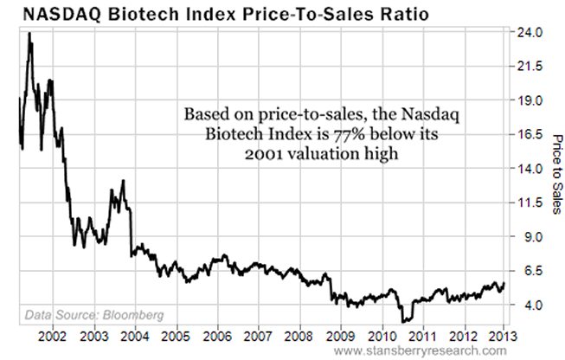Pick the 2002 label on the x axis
[53, 334]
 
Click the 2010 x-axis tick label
[382, 334]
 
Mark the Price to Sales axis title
[555, 172]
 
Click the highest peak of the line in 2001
[29, 34]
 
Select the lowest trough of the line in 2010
[404, 322]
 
